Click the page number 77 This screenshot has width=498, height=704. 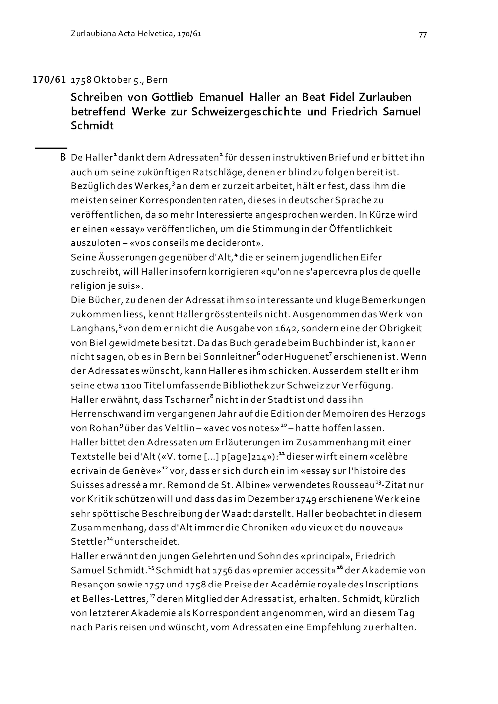422,35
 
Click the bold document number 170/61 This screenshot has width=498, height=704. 49,80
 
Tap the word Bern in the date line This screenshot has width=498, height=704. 157,80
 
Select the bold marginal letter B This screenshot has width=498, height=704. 63,158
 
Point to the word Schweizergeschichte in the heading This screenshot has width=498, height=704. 246,112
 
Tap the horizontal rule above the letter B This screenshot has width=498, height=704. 51,148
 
